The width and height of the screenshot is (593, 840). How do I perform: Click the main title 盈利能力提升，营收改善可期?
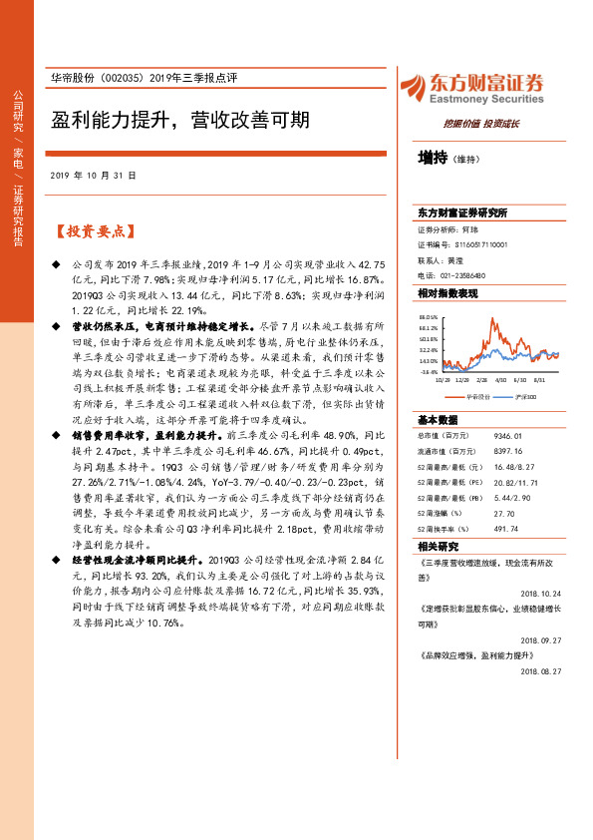[x=179, y=120]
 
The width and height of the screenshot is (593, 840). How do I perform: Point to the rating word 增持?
[x=432, y=157]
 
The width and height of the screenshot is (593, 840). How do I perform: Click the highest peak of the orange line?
[x=491, y=319]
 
